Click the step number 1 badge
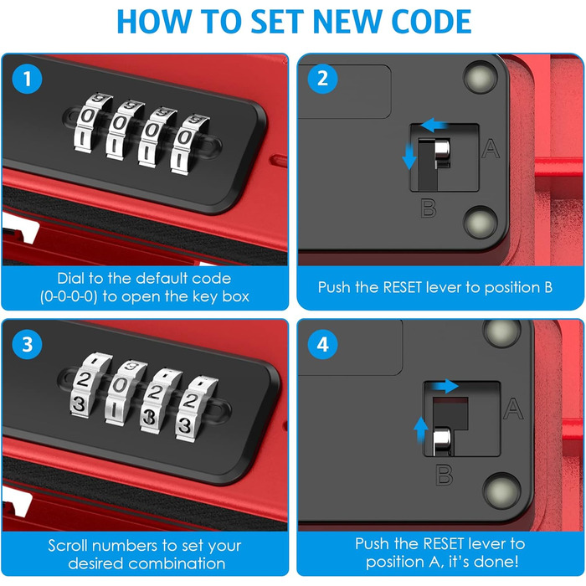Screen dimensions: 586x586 point(27,79)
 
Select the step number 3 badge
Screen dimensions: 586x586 point(27,344)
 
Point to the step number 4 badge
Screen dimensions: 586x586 point(322,344)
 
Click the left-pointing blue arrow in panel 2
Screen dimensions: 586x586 point(434,125)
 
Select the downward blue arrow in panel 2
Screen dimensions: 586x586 point(409,157)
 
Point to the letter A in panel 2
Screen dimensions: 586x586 point(491,148)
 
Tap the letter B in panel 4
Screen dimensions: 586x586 point(445,475)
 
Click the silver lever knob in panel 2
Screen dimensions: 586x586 point(442,150)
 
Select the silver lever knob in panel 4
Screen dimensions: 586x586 point(441,440)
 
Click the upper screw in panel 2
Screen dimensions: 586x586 point(481,77)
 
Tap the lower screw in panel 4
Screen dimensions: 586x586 point(501,490)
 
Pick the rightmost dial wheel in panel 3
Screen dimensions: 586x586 point(195,409)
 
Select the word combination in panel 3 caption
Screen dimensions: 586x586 point(176,563)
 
